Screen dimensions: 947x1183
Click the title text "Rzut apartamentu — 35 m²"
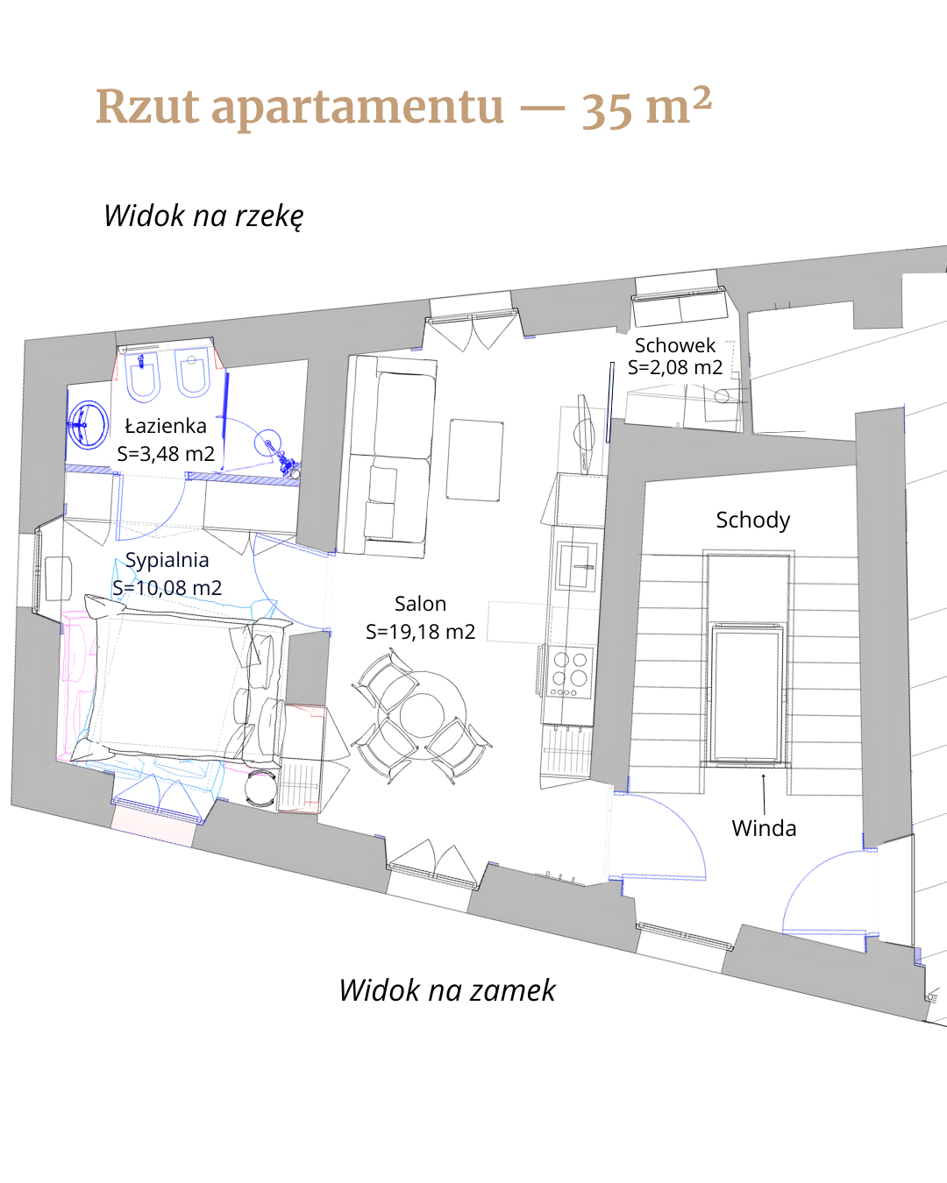coord(404,107)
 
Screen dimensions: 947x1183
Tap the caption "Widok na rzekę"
coord(203,216)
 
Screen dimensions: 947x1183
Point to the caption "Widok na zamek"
coord(447,990)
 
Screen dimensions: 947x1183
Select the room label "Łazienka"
coord(166,426)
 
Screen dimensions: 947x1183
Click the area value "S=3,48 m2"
coord(166,454)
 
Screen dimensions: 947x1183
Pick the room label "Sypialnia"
coord(167,560)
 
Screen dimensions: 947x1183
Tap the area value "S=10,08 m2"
coord(167,588)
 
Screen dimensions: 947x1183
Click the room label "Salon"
coord(420,604)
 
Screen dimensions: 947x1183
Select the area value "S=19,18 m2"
coord(420,632)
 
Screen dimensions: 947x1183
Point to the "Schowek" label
coord(675,345)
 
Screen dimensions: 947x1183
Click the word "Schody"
coord(752,520)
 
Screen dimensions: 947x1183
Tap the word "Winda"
coord(764,828)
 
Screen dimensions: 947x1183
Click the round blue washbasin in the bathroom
coord(88,425)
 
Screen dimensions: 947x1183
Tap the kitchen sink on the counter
coord(576,566)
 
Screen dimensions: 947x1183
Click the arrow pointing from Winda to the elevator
coord(764,794)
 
